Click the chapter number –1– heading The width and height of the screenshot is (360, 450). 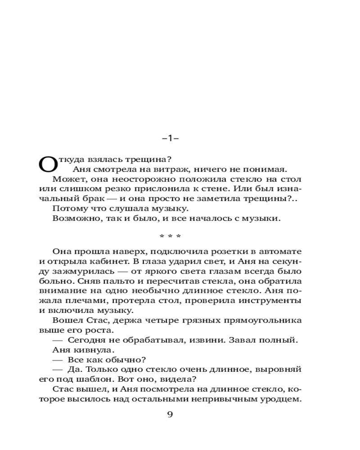[170, 139]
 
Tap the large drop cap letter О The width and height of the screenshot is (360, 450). [48, 165]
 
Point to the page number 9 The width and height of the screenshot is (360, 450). [170, 414]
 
